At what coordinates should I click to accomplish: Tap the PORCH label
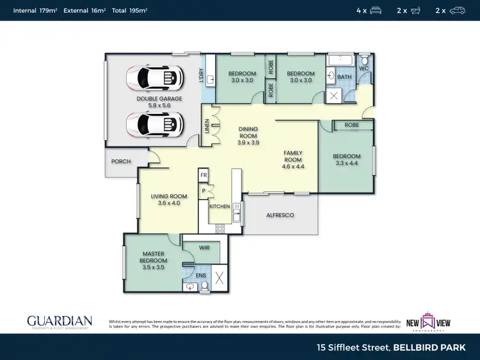tap(121, 162)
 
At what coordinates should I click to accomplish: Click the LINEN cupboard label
tap(207, 125)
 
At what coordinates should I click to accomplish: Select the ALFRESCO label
tap(280, 215)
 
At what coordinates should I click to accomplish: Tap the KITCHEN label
tap(220, 207)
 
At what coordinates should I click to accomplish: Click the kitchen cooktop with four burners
tap(221, 228)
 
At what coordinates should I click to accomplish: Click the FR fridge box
tap(204, 175)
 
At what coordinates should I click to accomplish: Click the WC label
tap(363, 68)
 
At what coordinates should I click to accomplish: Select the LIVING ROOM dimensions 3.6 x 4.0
tap(168, 203)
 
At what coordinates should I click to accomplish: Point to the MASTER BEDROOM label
tap(154, 257)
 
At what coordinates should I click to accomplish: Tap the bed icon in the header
tap(376, 10)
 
